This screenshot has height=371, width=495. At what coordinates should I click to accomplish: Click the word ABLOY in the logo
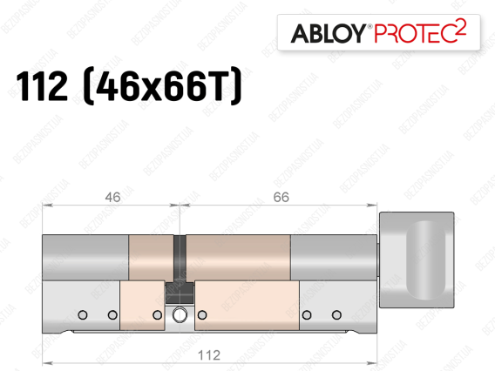point(328,33)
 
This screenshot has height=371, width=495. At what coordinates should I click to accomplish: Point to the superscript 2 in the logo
point(461,27)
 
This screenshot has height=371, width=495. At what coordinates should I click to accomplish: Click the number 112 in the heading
point(42,86)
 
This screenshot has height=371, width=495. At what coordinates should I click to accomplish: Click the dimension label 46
point(112,197)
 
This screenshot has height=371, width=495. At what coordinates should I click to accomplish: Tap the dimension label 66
point(281,197)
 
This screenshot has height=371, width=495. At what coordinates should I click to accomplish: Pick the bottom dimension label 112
point(209,355)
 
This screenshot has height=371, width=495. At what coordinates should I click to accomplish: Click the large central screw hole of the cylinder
point(180,314)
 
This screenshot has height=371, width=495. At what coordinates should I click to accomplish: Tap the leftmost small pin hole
point(83,315)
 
